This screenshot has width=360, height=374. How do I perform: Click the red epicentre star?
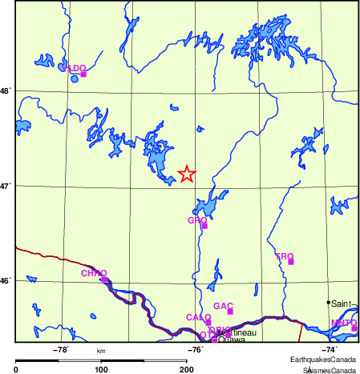coord(186,173)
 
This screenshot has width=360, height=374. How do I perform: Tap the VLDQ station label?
coord(74,68)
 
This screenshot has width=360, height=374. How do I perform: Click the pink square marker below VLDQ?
coord(83,74)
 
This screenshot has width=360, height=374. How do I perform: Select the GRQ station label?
coord(197,219)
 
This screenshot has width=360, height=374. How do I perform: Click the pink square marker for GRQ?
coord(204,226)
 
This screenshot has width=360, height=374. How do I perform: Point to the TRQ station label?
coord(285,256)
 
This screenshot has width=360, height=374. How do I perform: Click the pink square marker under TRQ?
coord(291,262)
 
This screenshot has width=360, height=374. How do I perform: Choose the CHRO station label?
coord(94,273)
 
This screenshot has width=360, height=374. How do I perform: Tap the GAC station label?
coord(224,306)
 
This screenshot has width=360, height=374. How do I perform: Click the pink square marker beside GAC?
coord(230,312)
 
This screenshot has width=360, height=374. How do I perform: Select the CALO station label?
coord(198,317)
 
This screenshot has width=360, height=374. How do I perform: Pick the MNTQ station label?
coord(343,323)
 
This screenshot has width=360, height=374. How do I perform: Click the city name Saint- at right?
coord(342,304)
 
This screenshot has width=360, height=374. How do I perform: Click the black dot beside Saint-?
coord(328,303)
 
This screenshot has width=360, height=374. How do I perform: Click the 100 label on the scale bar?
coord(102,369)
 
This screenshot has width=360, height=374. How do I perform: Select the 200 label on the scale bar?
coord(186,369)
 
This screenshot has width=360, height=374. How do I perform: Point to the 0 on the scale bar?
coord(17,369)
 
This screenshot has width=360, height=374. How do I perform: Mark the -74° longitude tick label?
coord(330,349)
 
